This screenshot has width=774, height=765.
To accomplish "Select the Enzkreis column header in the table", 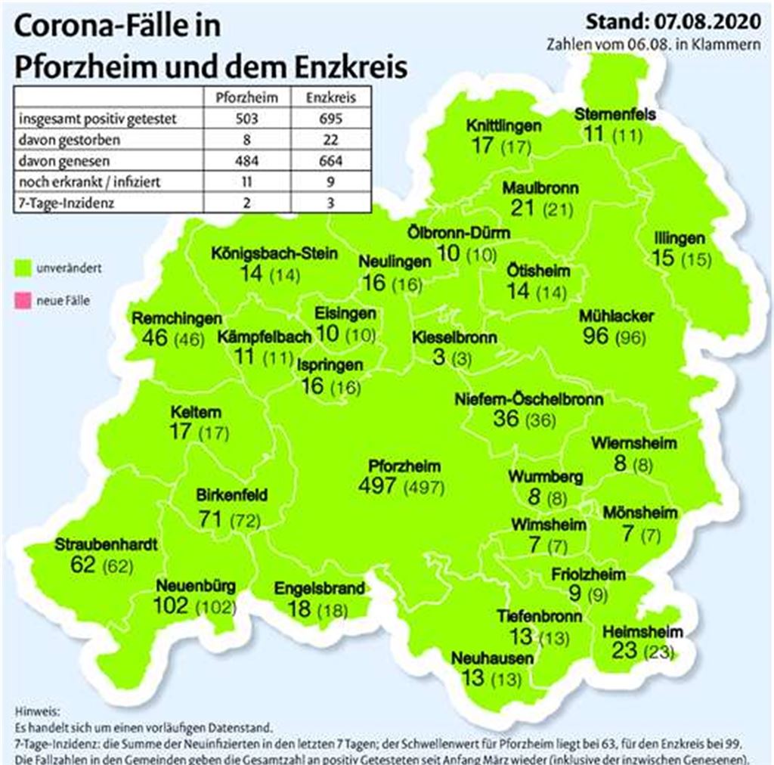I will [330, 98].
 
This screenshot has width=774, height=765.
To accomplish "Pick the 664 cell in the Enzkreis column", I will [330, 161].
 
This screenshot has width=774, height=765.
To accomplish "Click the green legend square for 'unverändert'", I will [23, 268].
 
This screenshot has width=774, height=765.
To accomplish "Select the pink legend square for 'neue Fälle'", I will [23, 301].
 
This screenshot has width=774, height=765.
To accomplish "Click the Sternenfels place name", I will [615, 114].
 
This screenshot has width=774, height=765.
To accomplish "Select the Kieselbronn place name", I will [454, 338].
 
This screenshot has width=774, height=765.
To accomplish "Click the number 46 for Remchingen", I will [154, 338].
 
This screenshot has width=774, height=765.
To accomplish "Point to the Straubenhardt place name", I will [106, 544].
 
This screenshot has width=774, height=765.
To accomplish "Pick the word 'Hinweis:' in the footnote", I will [36, 712].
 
